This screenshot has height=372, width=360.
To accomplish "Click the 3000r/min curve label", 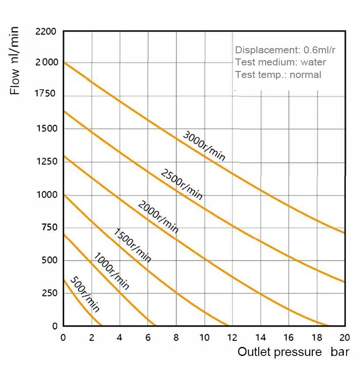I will tap(204, 146).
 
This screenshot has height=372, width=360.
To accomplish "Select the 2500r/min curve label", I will tap(182, 184).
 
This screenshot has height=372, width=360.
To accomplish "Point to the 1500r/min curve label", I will tap(133, 245).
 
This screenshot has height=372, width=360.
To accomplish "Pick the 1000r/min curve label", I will tap(111, 271).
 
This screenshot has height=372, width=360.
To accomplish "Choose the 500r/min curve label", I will tap(85, 294).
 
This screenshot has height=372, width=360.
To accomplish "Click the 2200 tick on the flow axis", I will tap(46, 32).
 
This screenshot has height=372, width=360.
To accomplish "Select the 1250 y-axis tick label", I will tap(46, 162).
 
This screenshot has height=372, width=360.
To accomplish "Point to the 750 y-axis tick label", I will tap(49, 227).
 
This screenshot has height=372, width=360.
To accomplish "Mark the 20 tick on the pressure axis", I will tap(345, 338).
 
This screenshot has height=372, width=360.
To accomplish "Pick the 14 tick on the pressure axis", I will tap(260, 338).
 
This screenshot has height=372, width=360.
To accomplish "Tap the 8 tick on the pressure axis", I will tap(176, 338).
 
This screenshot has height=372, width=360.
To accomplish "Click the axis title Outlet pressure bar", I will tap(293, 352).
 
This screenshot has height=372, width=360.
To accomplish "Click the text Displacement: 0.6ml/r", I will tap(285, 50).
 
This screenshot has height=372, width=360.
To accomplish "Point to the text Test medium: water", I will tap(280, 62).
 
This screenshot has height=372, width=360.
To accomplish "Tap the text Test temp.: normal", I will tap(278, 74).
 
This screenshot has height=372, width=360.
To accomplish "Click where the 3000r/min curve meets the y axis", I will tap(64, 62).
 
